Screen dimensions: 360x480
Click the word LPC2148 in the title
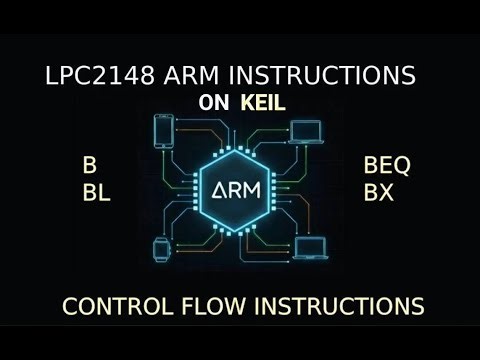click(x=87, y=76)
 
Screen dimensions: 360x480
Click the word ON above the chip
click(x=215, y=102)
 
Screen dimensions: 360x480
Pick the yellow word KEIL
click(x=264, y=102)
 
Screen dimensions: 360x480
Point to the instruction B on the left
click(x=91, y=166)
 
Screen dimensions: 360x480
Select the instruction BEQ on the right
click(x=388, y=166)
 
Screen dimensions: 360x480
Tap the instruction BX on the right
click(x=379, y=193)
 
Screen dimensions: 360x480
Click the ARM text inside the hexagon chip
click(x=240, y=187)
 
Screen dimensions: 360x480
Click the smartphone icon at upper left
click(x=164, y=133)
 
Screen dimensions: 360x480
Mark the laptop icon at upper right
click(x=306, y=131)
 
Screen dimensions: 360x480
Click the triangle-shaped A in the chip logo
click(x=215, y=187)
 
